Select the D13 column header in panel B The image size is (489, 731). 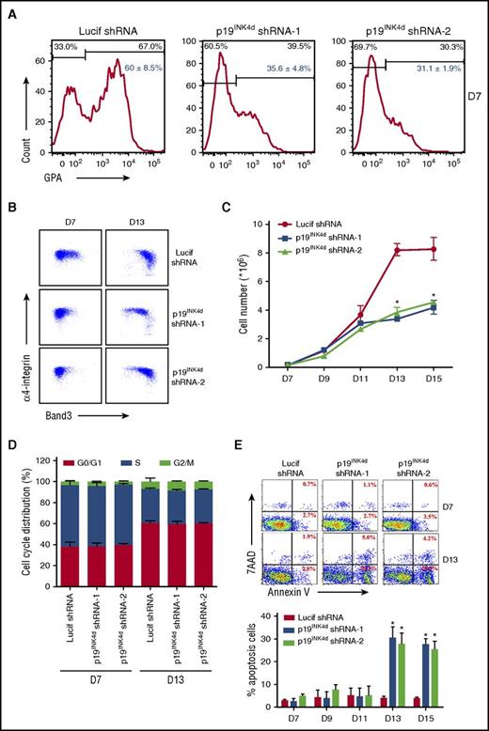127,222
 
